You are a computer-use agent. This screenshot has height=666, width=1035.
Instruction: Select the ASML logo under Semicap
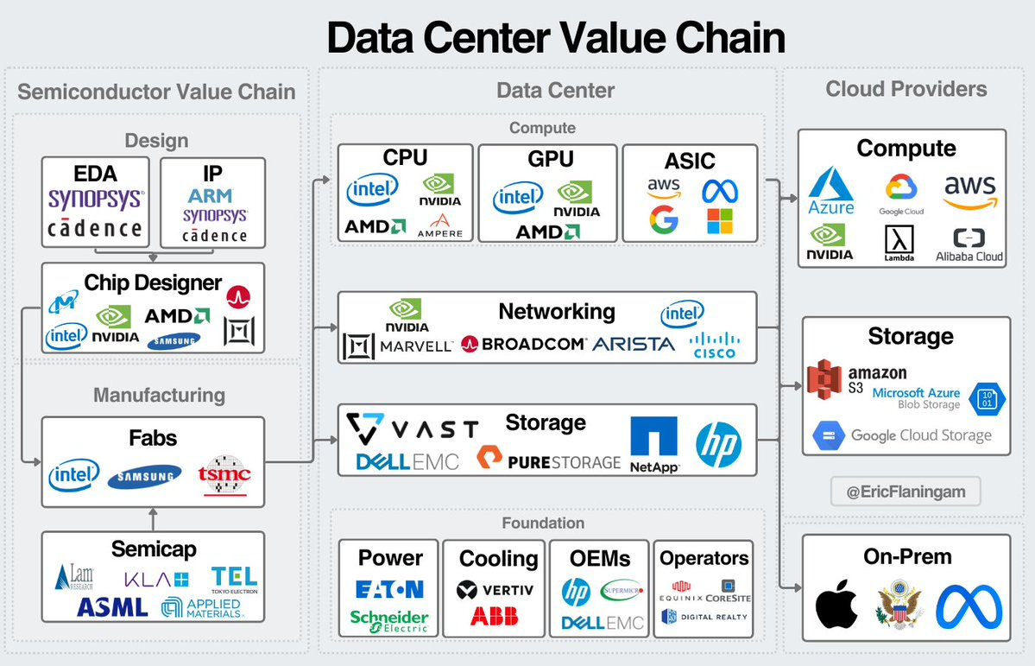click(x=112, y=606)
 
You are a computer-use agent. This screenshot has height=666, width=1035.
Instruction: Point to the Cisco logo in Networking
click(x=714, y=344)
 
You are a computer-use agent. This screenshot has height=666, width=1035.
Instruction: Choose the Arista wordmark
click(x=634, y=344)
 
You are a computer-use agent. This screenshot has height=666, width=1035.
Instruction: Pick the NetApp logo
click(x=653, y=444)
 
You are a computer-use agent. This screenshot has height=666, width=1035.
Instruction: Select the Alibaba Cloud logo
click(x=969, y=244)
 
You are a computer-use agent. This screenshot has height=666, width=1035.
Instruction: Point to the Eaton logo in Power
click(x=389, y=589)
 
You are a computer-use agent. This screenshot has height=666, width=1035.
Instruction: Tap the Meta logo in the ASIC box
click(x=721, y=189)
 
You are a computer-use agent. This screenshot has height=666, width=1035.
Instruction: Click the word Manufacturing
click(x=159, y=396)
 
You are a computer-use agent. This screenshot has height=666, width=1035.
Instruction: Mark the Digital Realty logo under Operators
click(x=704, y=617)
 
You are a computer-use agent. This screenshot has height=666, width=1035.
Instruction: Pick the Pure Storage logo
click(x=548, y=461)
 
